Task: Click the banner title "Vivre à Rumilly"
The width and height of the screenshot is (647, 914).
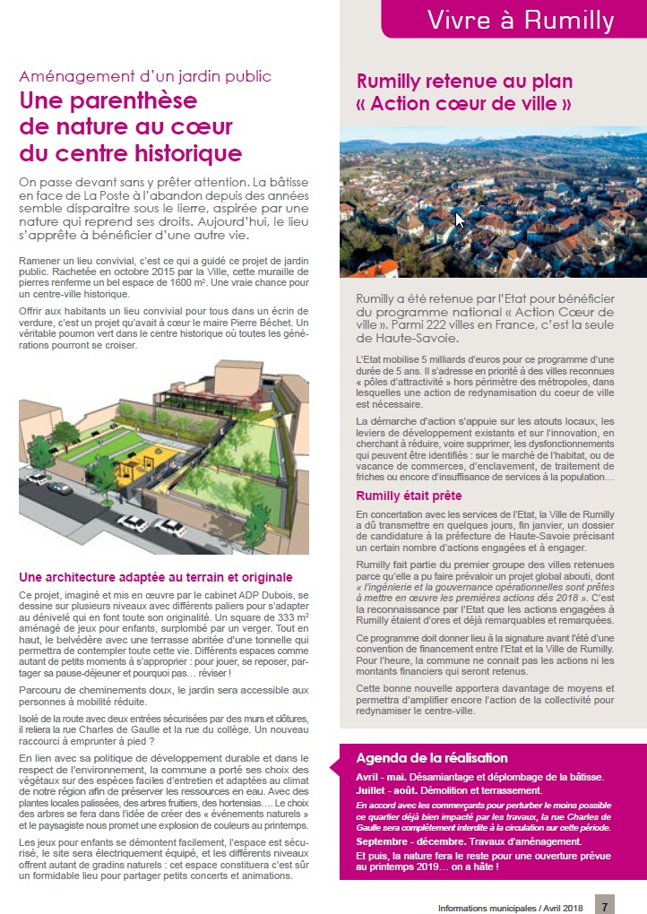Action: (x=520, y=20)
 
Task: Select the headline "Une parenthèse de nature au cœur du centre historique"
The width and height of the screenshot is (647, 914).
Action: (x=131, y=126)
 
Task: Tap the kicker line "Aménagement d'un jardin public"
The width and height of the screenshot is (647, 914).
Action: (x=145, y=77)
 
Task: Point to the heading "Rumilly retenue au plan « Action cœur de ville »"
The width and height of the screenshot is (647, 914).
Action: (x=464, y=92)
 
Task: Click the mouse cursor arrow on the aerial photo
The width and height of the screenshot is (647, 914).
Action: (x=459, y=219)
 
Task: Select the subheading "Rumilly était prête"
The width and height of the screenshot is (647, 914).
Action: (x=409, y=495)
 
